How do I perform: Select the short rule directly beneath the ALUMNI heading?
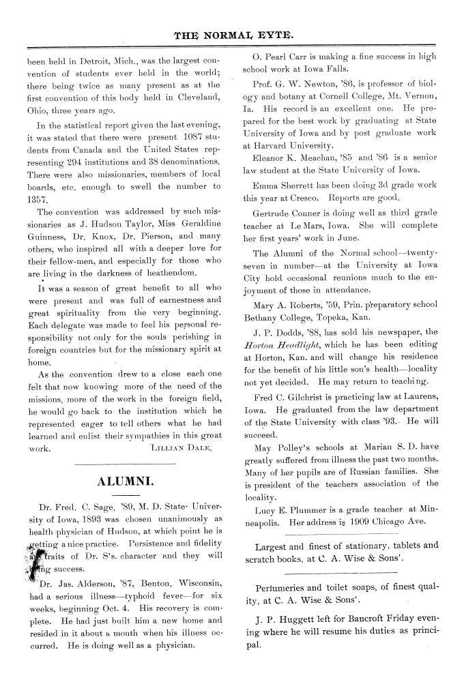[x=126, y=495]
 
